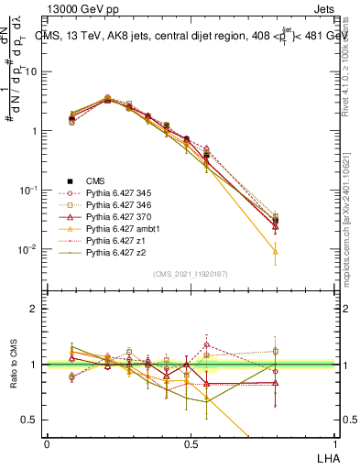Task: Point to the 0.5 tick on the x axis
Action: [190, 443]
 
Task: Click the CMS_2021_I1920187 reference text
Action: [190, 274]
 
